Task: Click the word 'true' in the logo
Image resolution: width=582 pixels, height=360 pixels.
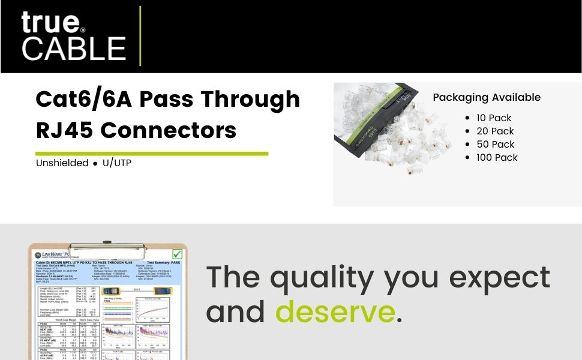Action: (50, 22)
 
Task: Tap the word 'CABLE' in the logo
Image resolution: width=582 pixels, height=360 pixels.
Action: (74, 48)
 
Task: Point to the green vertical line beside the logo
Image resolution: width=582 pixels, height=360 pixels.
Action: (140, 36)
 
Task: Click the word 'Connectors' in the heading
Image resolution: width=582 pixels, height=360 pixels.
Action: (173, 130)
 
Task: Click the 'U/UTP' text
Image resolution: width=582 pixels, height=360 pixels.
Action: (117, 163)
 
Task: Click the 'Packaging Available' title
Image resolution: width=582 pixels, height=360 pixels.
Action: (487, 97)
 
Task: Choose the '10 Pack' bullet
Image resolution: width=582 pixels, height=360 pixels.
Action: (494, 118)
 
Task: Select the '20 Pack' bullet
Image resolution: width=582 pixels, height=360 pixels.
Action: (496, 131)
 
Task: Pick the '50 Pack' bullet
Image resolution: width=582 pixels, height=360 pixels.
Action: (496, 144)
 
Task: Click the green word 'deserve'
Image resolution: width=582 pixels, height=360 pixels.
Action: (334, 312)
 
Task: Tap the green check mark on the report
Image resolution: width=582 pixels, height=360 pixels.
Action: (177, 254)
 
